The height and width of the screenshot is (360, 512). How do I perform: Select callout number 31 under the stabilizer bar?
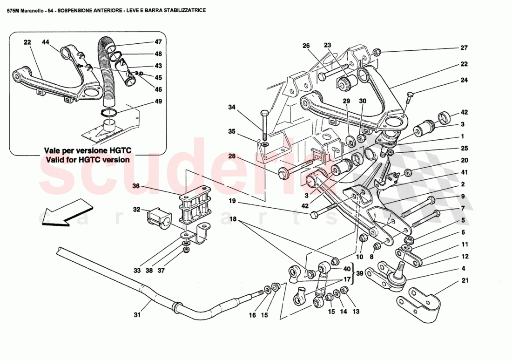(137, 315)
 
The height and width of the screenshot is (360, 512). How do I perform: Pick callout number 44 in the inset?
(45, 42)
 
